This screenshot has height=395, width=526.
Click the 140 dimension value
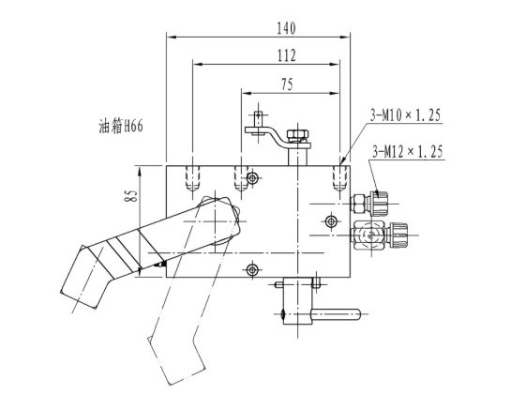286,28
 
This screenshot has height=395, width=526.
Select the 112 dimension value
286,55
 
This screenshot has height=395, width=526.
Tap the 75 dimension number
287,84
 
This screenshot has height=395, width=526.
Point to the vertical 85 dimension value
131,195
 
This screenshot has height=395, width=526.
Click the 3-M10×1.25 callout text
405,115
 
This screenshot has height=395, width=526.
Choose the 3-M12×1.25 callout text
408,152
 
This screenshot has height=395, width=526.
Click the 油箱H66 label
121,127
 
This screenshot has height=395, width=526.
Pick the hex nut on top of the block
297,134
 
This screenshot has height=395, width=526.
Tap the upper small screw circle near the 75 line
252,178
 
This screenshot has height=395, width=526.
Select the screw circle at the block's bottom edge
252,269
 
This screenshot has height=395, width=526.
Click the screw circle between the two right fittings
331,220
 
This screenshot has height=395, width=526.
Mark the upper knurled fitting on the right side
369,203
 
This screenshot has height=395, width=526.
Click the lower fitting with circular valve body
379,235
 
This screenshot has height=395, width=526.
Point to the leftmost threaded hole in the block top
192,178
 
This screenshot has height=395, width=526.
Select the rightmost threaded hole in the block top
339,178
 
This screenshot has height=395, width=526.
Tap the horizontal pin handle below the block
335,314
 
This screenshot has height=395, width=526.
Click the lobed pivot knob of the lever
219,218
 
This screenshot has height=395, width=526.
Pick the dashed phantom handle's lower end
175,361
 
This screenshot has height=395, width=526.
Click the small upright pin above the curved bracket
258,119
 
